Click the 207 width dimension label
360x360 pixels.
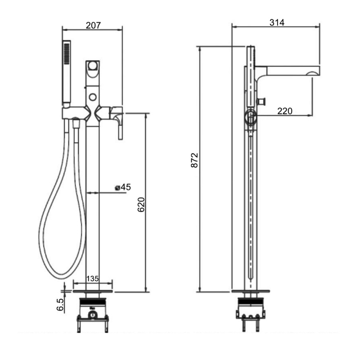[x=93, y=25]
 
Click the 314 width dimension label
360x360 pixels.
[x=276, y=22]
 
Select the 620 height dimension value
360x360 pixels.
[x=141, y=205]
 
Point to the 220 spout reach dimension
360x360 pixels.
[x=285, y=111]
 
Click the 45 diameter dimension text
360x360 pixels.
[x=126, y=187]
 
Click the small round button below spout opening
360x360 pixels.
[x=93, y=96]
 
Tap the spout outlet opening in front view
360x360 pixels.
[x=93, y=66]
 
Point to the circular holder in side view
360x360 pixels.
[x=250, y=118]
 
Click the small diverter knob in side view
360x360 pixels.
[x=263, y=99]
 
